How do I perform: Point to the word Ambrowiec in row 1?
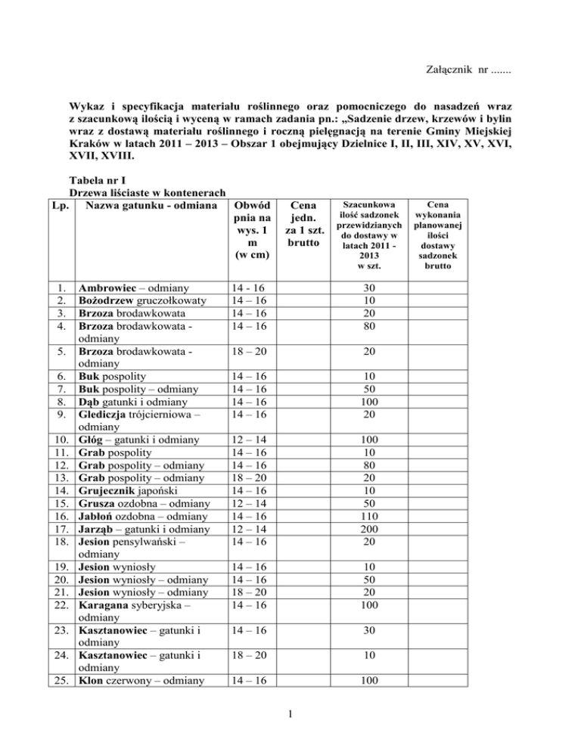[108, 288]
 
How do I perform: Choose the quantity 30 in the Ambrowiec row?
[365, 288]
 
